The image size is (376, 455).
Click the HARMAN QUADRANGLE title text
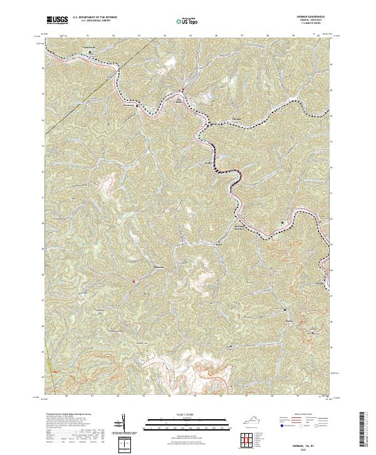pyautogui.click(x=313, y=17)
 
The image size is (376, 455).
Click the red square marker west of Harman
pyautogui.click(x=133, y=281)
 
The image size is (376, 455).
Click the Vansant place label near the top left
pyautogui.click(x=89, y=47)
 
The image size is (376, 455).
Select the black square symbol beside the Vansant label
pyautogui.click(x=89, y=52)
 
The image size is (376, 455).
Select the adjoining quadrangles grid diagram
pyautogui.click(x=249, y=440)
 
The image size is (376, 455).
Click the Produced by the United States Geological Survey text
pyautogui.click(x=69, y=415)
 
